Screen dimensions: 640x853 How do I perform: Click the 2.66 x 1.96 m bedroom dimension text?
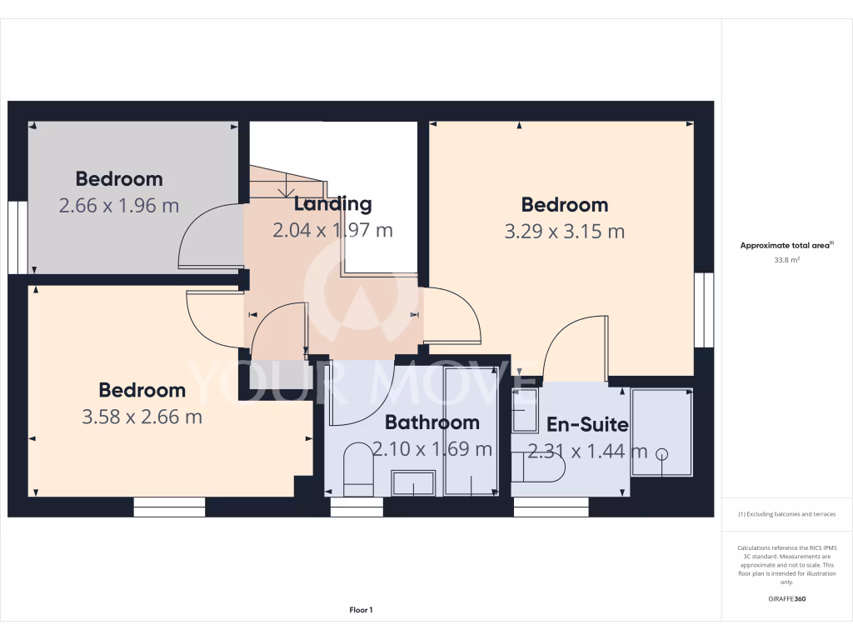coord(119,205)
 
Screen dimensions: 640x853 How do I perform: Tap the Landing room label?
coord(332,203)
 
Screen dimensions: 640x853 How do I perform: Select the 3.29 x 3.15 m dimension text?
coord(564,231)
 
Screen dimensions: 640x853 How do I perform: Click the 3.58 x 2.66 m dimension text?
coord(142,416)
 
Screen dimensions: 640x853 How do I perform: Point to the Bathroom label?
coord(431,422)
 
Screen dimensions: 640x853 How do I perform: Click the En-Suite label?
coord(587,424)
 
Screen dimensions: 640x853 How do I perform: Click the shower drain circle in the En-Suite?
coord(662,454)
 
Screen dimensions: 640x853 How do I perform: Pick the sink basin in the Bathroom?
coord(413,482)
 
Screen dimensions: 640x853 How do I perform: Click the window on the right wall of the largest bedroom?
coord(704,310)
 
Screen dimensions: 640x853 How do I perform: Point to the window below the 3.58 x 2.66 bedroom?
coord(169,507)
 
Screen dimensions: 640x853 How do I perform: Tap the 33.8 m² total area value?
coord(787,260)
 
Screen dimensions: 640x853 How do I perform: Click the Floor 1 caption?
coord(361,611)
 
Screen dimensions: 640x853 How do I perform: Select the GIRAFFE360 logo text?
coord(787,599)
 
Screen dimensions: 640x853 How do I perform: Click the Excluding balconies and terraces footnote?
coord(787,514)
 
